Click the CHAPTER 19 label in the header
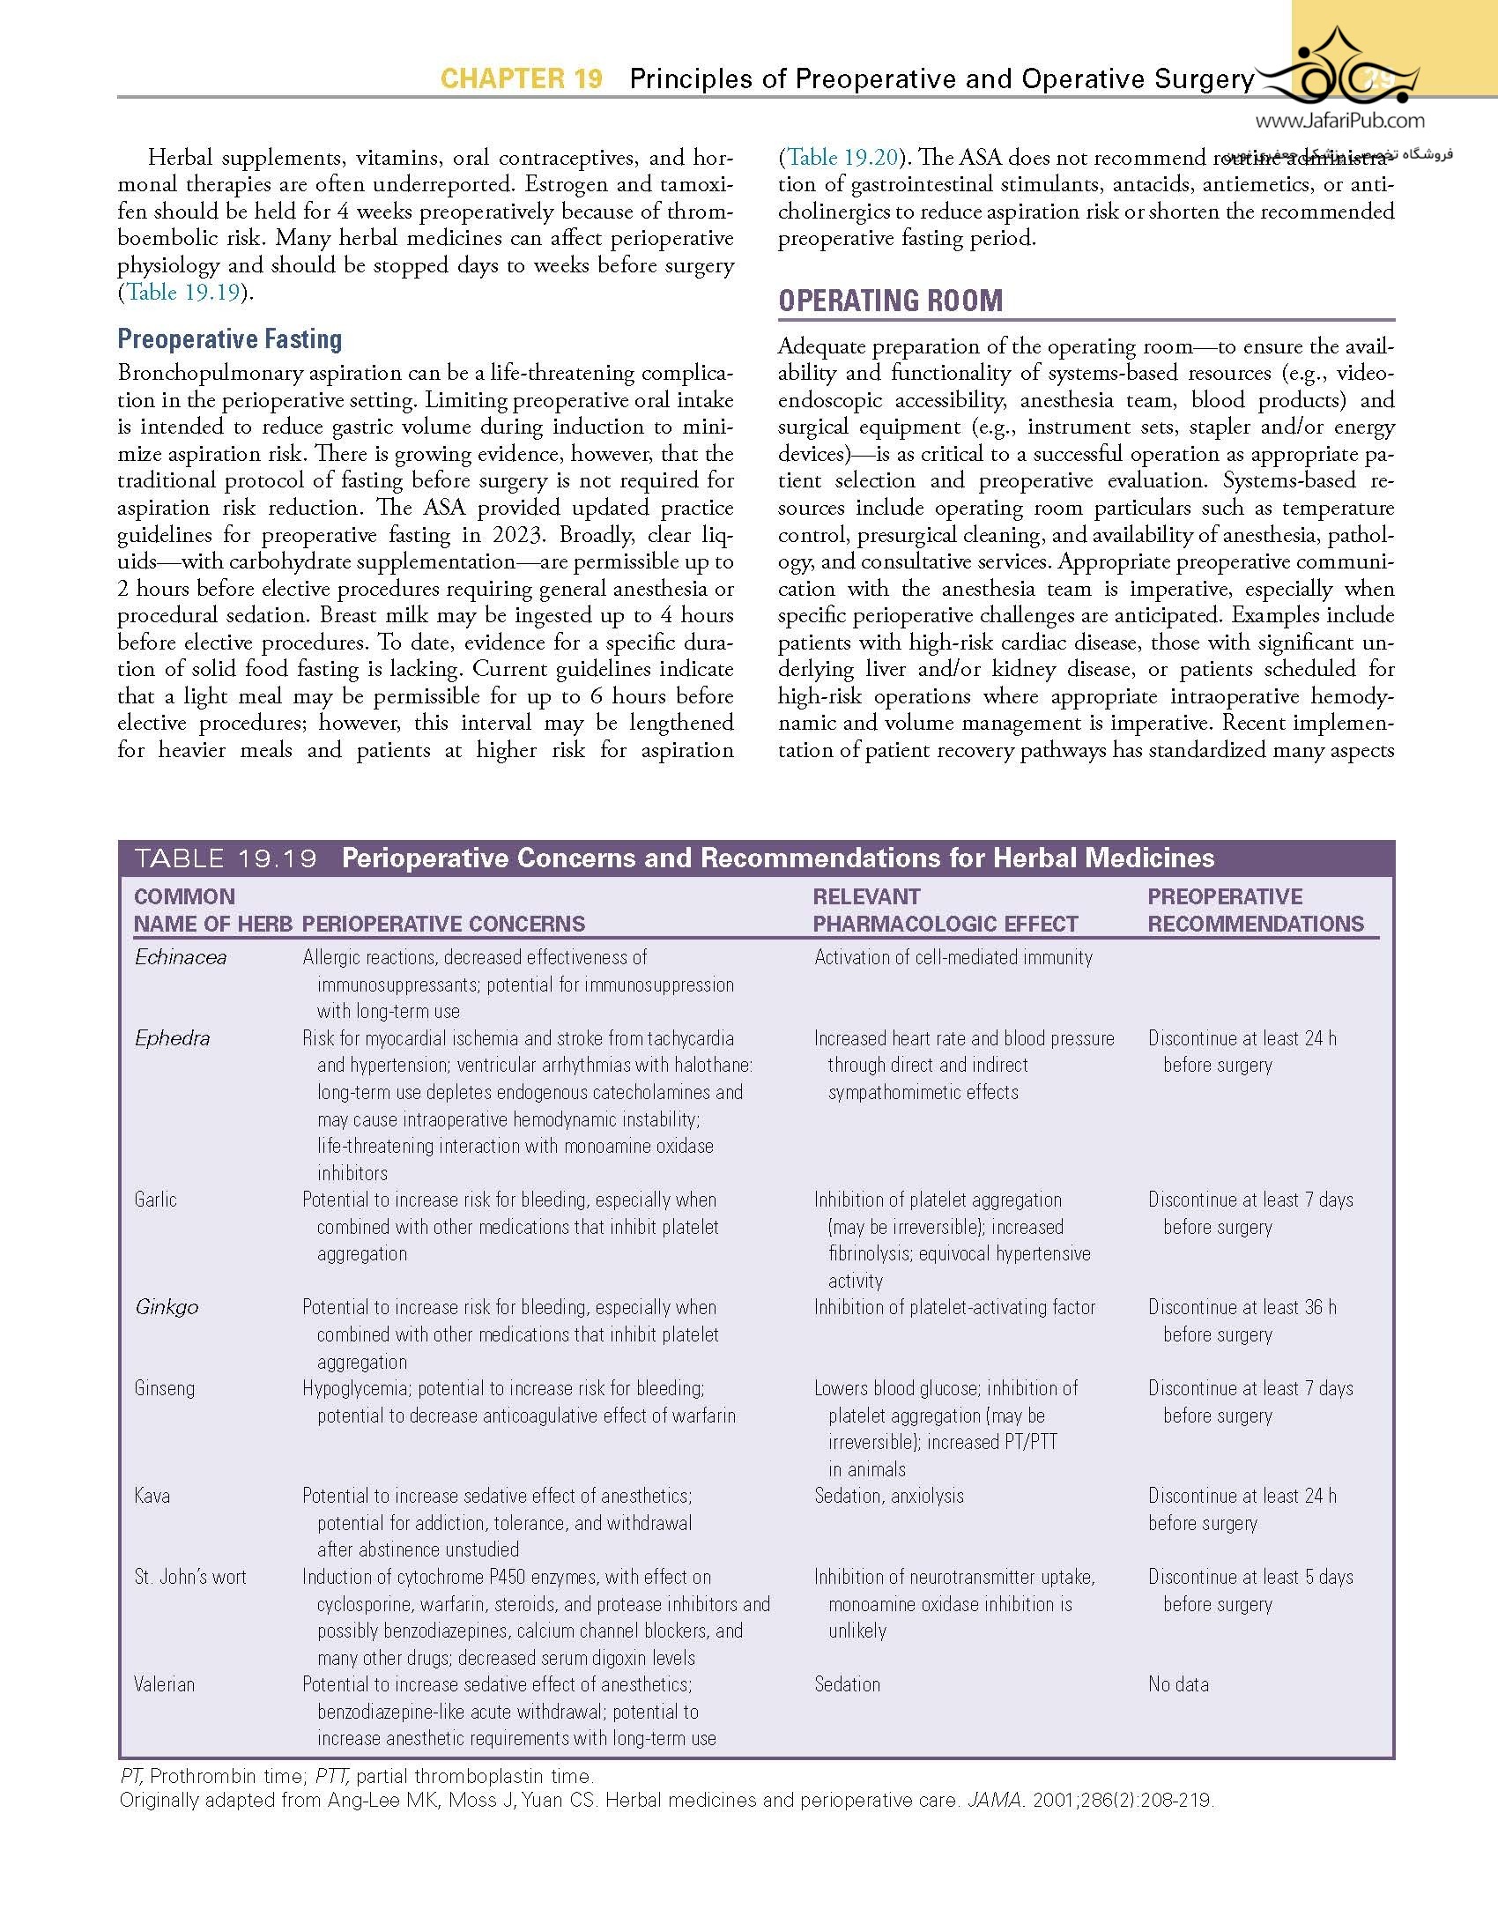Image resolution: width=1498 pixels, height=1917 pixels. point(521,79)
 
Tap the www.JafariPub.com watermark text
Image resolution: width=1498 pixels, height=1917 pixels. point(1339,122)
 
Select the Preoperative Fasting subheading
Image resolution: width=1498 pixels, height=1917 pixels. point(230,339)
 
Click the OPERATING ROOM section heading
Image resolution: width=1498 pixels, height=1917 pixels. point(890,301)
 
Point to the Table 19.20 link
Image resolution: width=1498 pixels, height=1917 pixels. point(842,158)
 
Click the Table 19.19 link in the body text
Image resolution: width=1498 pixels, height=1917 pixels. point(183,293)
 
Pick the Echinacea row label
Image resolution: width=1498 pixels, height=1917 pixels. point(181,958)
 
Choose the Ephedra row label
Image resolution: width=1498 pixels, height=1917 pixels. point(172,1038)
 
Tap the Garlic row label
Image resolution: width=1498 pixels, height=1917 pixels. point(156,1200)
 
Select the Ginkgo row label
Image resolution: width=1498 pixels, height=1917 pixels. point(167,1307)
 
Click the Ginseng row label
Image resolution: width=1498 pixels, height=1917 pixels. point(165,1388)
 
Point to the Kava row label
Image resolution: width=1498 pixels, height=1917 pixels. point(152,1496)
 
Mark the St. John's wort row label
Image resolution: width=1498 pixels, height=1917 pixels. point(190,1577)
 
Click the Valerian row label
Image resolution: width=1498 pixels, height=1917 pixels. point(165,1684)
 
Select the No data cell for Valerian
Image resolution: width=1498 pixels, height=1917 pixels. point(1178,1684)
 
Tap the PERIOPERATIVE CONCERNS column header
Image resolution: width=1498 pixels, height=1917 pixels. point(443,924)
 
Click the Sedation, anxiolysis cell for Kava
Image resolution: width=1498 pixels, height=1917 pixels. point(889,1496)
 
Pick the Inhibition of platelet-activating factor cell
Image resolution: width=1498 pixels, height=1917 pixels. point(954,1307)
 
